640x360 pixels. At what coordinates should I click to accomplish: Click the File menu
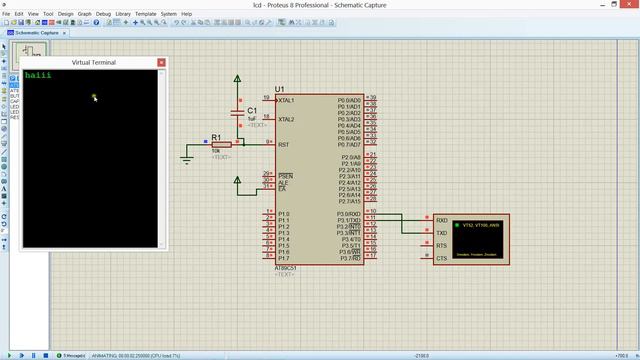click(x=6, y=14)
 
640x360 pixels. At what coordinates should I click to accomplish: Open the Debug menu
click(x=103, y=14)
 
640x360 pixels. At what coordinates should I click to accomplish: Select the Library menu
click(x=123, y=14)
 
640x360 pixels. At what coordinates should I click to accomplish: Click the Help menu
click(x=186, y=14)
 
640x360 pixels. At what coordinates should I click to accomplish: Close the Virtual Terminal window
click(x=161, y=63)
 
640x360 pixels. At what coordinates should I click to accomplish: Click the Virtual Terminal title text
click(x=93, y=63)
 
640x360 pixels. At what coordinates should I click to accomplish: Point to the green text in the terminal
click(x=37, y=75)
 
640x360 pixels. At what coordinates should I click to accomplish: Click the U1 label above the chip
click(x=281, y=89)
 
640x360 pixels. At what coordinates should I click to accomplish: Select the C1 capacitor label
click(x=252, y=111)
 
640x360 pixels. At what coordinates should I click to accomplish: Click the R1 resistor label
click(x=216, y=137)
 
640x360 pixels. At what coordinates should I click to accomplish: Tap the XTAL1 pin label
click(x=287, y=101)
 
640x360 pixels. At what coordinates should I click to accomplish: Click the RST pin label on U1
click(x=284, y=145)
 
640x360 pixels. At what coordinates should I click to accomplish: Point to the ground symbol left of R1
click(x=187, y=158)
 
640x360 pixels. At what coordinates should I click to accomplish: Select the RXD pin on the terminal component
click(x=441, y=221)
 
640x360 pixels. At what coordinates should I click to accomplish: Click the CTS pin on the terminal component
click(x=441, y=258)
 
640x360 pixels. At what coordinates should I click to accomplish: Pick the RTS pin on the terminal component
click(x=441, y=245)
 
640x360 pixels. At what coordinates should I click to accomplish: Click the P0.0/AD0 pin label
click(x=349, y=101)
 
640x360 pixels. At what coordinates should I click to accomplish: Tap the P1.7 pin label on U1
click(x=283, y=258)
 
